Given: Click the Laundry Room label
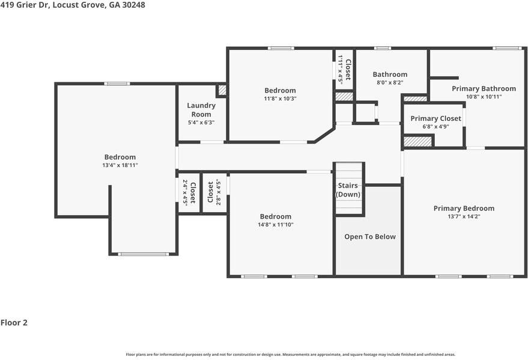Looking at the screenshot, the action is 201,110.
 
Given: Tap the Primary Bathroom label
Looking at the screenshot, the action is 484,88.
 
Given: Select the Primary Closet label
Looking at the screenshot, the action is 435,118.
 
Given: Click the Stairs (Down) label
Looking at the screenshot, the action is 348,190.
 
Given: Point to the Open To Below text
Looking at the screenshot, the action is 370,237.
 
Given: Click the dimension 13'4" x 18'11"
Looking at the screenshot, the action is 120,165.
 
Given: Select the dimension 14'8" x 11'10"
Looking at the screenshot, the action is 276,225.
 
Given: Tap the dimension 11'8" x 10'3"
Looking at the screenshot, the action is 280,99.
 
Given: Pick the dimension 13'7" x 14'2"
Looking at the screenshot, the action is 464,216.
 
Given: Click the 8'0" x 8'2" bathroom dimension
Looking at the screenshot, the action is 390,82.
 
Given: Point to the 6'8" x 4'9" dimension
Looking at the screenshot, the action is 435,127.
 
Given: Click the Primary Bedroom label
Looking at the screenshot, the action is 464,209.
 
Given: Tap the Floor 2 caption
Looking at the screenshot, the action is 14,323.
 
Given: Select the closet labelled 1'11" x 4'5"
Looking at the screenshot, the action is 344,69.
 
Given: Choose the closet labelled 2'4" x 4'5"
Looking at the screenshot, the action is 189,193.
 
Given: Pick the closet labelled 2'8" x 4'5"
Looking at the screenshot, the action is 214,193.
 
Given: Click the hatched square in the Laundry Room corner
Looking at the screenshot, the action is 222,90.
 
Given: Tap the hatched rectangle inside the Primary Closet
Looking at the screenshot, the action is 417,141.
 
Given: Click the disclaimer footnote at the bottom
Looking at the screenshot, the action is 291,355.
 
